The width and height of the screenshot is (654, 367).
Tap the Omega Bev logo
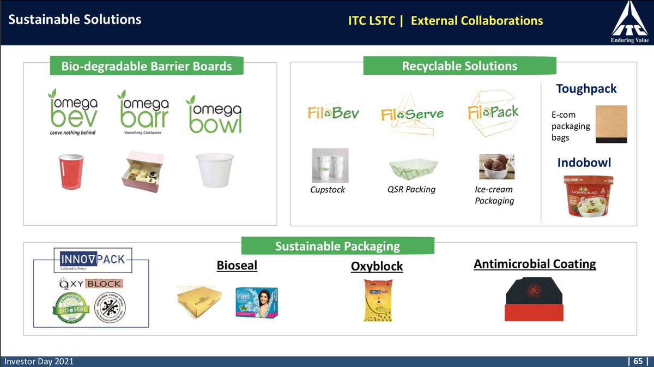[72, 112]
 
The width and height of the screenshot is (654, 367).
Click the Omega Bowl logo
[214, 115]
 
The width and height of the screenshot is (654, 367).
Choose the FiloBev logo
[333, 114]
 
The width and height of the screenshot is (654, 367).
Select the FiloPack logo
[493, 112]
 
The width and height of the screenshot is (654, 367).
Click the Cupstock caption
[327, 190]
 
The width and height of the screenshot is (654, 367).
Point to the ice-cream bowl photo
[496, 166]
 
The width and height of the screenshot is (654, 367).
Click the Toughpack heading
[586, 88]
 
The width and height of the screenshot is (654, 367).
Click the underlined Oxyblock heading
[377, 266]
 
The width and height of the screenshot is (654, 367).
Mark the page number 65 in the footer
[638, 362]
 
